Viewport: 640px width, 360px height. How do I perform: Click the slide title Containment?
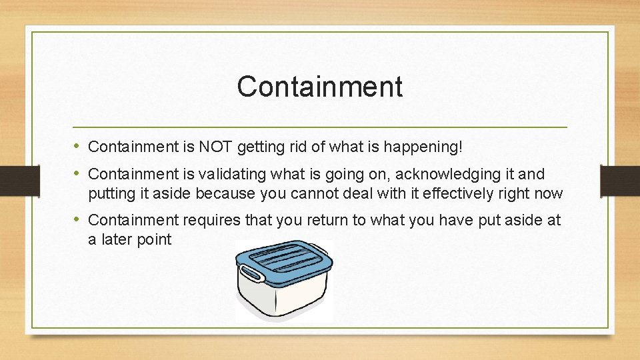(x=319, y=87)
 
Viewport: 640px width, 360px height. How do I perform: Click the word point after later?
(x=155, y=240)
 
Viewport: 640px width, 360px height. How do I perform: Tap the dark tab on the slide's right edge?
(x=620, y=181)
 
